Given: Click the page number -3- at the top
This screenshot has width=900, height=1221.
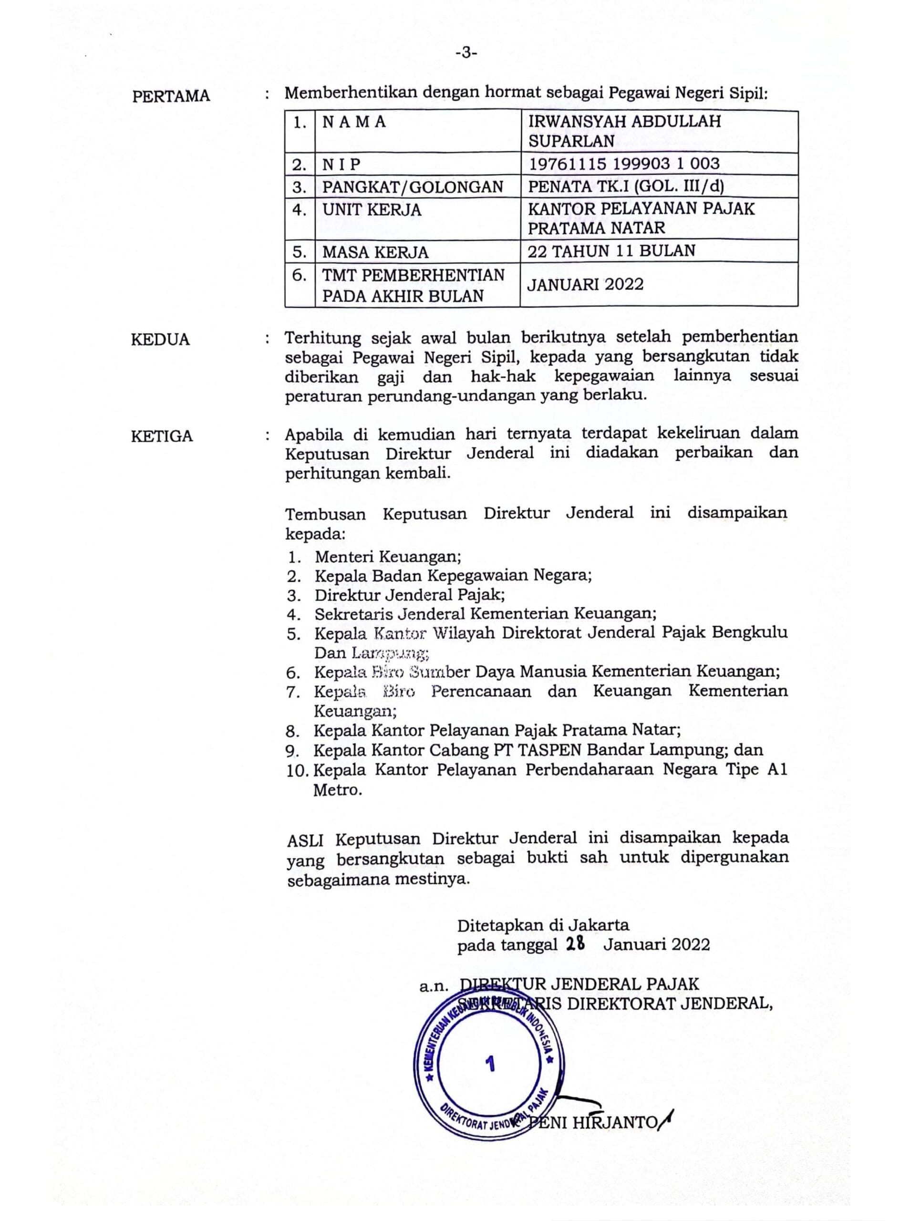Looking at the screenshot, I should [466, 53].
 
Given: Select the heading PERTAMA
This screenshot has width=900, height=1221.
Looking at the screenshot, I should [171, 96].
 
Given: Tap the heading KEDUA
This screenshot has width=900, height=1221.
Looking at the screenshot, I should [160, 340].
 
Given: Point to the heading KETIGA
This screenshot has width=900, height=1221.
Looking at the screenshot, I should [162, 436].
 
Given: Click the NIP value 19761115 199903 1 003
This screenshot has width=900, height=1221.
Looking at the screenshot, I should [624, 164].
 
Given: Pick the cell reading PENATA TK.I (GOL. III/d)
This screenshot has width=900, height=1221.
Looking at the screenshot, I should [625, 186].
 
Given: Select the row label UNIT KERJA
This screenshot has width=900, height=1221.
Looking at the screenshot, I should [372, 210].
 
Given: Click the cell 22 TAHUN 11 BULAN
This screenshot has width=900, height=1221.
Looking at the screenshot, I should [611, 251].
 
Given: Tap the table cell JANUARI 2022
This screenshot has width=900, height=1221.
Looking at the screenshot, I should [585, 284].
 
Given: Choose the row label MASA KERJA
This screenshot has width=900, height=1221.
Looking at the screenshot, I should [375, 252].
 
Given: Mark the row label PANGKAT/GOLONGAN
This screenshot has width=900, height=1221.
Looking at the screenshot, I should [413, 187].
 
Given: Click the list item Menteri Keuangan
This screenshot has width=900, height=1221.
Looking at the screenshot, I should [388, 556].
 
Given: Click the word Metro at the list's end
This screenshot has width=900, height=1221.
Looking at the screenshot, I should [337, 790].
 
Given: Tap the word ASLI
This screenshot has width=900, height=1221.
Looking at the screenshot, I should [305, 839].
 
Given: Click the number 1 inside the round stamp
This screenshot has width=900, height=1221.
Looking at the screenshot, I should [490, 1064].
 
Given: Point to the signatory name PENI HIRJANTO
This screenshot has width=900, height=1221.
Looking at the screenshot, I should [593, 1122].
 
